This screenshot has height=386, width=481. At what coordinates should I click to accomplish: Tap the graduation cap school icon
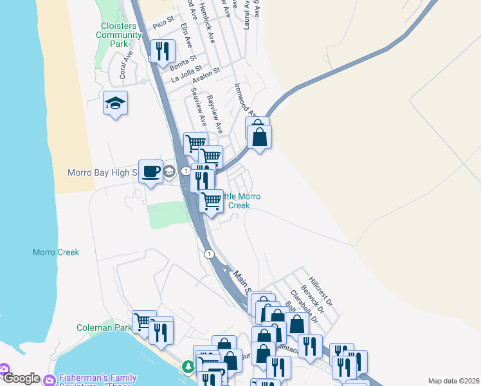click(116, 104)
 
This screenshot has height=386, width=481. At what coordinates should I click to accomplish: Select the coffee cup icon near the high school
click(150, 172)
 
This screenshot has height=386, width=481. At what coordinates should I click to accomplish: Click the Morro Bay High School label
click(103, 172)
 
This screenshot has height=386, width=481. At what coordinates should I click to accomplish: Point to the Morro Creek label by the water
click(56, 252)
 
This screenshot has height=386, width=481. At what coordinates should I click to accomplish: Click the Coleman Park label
click(104, 327)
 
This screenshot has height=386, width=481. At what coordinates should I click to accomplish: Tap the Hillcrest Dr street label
click(320, 291)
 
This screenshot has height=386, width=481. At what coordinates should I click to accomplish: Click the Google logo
click(21, 378)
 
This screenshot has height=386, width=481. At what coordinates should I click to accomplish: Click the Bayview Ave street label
click(214, 114)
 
